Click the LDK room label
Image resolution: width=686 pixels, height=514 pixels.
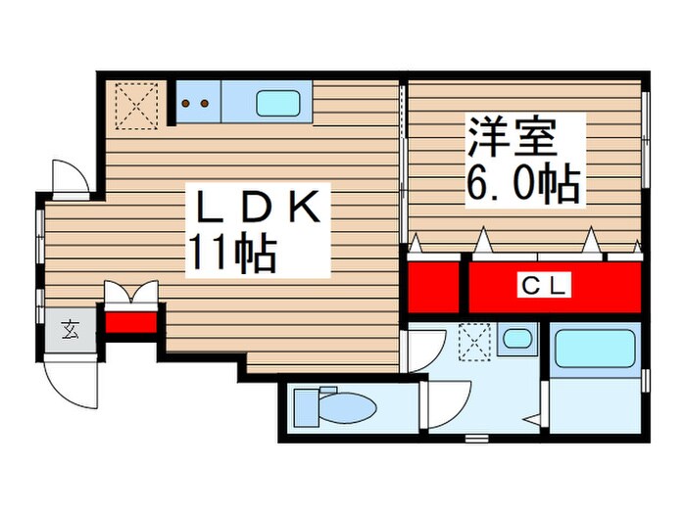[260, 209]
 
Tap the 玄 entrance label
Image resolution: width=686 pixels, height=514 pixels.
[72, 329]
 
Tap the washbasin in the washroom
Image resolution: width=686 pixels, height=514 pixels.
[514, 341]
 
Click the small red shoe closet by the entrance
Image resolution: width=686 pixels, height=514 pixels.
[130, 321]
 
